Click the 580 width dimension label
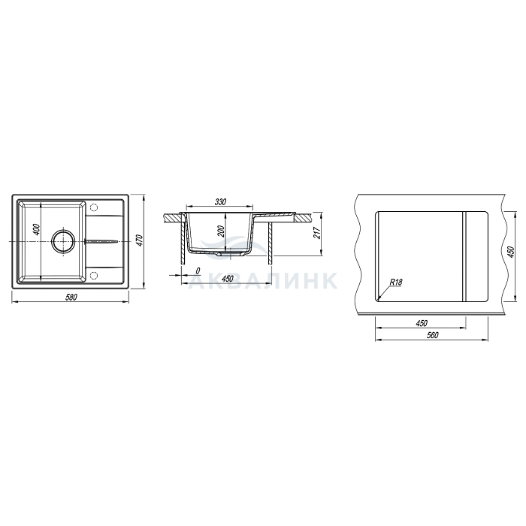coord(71,298)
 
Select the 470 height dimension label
coord(141,240)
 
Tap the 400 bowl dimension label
coord(37,229)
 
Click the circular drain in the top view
coord(62,241)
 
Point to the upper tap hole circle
coord(94,207)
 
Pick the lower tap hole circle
coord(94,276)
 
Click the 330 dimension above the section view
coord(220,202)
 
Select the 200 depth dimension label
coord(221,231)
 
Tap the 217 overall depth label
coord(316,232)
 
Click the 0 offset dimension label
coord(198,271)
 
